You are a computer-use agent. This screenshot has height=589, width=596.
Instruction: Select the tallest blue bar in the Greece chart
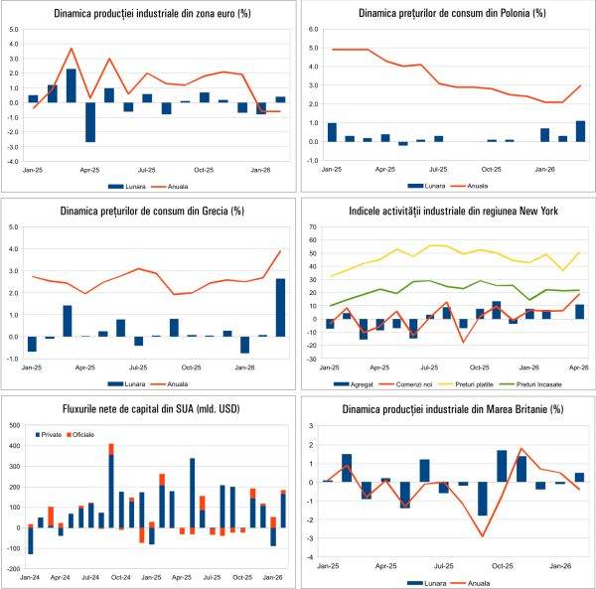pyautogui.click(x=281, y=307)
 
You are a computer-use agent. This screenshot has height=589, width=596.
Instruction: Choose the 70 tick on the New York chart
pyautogui.click(x=312, y=226)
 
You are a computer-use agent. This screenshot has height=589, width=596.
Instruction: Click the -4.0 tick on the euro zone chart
pyautogui.click(x=12, y=161)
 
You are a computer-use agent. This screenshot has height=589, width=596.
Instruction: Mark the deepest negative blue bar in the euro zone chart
pyautogui.click(x=90, y=121)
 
